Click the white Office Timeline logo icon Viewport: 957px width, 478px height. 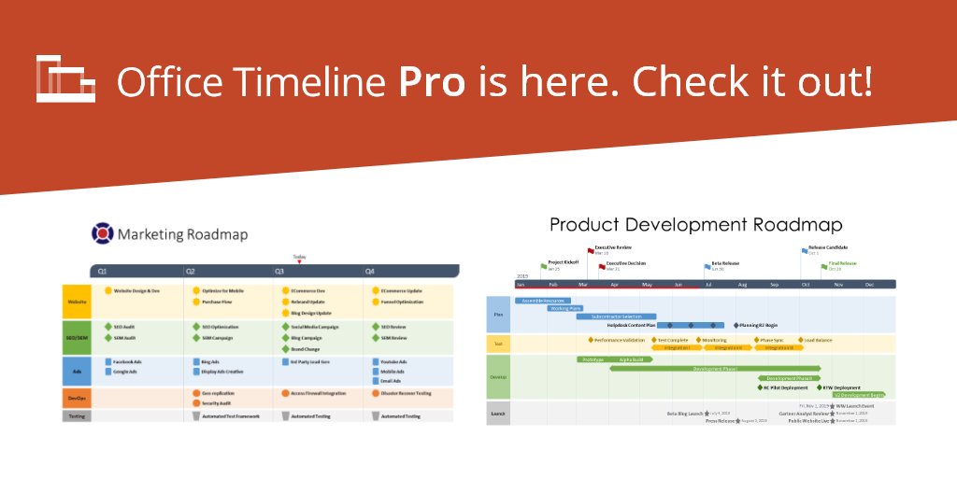[x=64, y=78]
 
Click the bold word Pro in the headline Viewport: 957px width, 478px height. [x=432, y=82]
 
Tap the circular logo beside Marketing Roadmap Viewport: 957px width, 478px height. [x=102, y=233]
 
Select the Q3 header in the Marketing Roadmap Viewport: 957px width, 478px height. [x=279, y=272]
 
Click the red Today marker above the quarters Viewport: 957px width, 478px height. [x=299, y=262]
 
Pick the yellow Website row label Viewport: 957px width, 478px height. [x=77, y=302]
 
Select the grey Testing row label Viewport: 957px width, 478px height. [x=77, y=415]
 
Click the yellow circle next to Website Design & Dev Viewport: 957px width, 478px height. [x=108, y=291]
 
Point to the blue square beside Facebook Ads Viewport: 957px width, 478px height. [x=107, y=361]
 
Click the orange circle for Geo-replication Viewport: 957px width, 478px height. [x=196, y=393]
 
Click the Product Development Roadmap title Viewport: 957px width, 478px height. [x=695, y=225]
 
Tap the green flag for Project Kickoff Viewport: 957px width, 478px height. [x=544, y=266]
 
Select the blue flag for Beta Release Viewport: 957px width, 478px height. [x=707, y=266]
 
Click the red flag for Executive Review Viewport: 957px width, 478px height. [x=592, y=250]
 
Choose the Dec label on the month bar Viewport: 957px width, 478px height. [x=869, y=284]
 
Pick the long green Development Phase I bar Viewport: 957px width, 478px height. [x=714, y=369]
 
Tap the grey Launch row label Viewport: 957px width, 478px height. [x=498, y=413]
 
